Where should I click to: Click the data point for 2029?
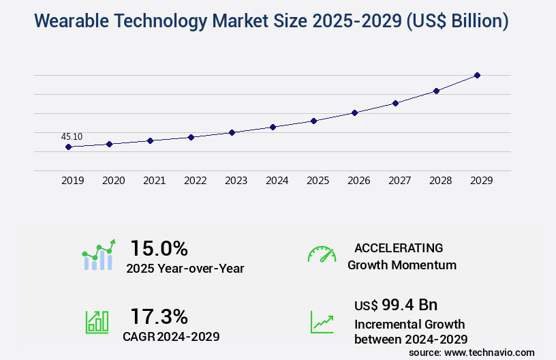click(x=477, y=75)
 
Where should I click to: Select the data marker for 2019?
click(x=68, y=147)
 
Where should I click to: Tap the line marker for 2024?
click(x=273, y=127)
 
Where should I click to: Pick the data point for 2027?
click(x=395, y=103)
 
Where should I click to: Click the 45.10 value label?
click(x=72, y=136)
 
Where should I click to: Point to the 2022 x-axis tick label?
click(x=195, y=181)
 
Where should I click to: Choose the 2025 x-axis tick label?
click(x=318, y=181)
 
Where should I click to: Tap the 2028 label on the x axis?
click(x=440, y=181)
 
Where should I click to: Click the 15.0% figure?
click(x=159, y=248)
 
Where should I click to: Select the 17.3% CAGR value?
click(x=159, y=316)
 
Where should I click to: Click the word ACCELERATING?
click(x=399, y=248)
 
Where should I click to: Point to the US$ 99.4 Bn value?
click(x=396, y=304)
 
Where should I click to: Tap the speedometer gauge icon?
click(x=322, y=254)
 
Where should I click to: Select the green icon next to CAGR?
click(x=96, y=322)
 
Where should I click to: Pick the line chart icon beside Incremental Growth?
click(x=322, y=322)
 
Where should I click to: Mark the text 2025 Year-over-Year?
click(x=185, y=269)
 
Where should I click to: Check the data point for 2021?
click(x=150, y=140)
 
